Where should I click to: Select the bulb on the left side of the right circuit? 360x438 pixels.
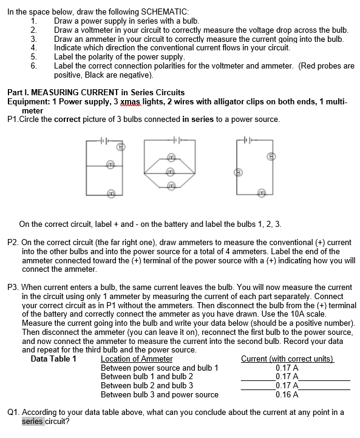click(x=238, y=172)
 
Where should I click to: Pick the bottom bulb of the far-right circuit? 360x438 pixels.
click(x=260, y=193)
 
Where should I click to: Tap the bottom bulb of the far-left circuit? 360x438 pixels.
click(x=111, y=193)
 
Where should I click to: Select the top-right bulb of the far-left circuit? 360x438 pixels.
click(x=120, y=147)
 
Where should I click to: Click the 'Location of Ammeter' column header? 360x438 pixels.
click(x=136, y=359)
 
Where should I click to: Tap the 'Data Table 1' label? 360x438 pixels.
click(x=53, y=359)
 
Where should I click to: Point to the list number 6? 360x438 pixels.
click(x=34, y=66)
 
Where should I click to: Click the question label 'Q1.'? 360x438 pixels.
click(x=13, y=412)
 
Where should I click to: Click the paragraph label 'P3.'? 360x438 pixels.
click(x=13, y=286)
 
